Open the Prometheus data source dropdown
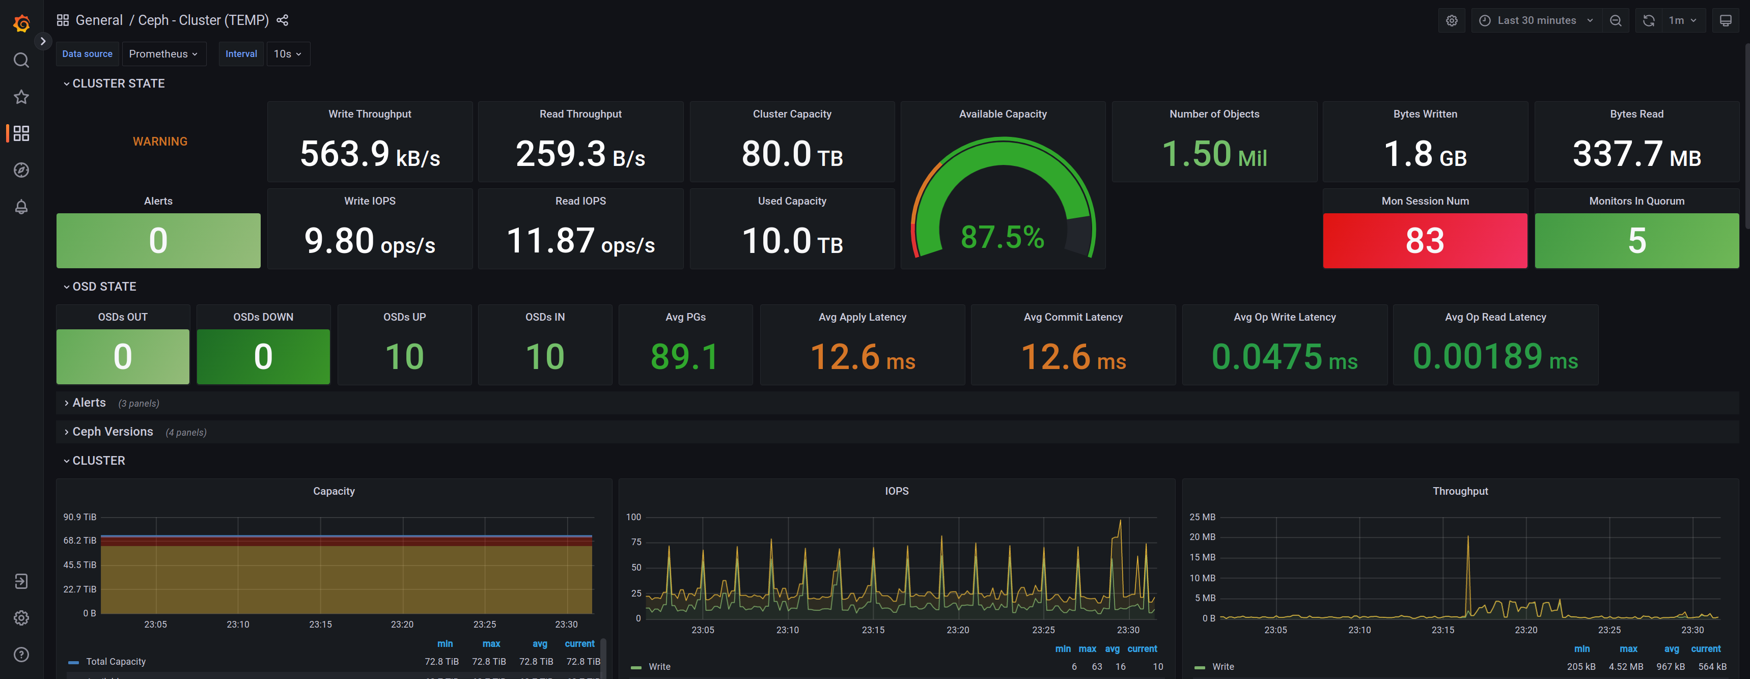pyautogui.click(x=163, y=53)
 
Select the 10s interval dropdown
pyautogui.click(x=287, y=53)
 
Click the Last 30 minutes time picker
pyautogui.click(x=1536, y=20)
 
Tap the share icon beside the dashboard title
pyautogui.click(x=283, y=20)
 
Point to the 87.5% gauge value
pyautogui.click(x=1002, y=237)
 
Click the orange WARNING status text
pyautogui.click(x=160, y=141)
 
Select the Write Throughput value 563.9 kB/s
pyautogui.click(x=370, y=153)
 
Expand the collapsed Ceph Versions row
pyautogui.click(x=112, y=432)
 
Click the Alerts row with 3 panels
pyautogui.click(x=89, y=403)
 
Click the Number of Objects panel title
pyautogui.click(x=1213, y=114)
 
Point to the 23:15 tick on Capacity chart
pyautogui.click(x=320, y=624)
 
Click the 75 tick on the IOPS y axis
pyautogui.click(x=636, y=542)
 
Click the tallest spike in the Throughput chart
pyautogui.click(x=1467, y=538)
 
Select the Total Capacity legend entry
pyautogui.click(x=116, y=661)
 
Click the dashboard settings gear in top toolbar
pyautogui.click(x=1451, y=20)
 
